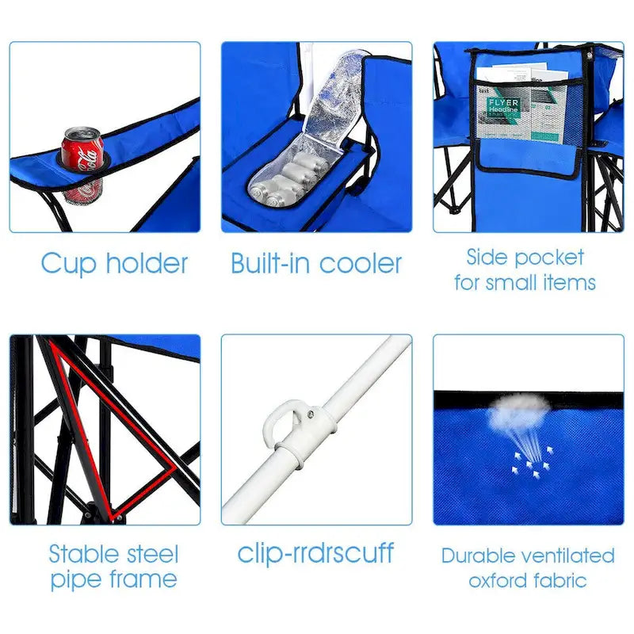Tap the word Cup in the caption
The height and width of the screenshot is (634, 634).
[67, 263]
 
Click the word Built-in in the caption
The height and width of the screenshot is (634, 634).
[269, 263]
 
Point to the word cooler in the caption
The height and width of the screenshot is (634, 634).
[360, 263]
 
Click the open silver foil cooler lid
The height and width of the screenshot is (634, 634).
[333, 103]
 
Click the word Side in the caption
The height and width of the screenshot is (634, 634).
[486, 257]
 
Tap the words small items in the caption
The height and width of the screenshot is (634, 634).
[543, 283]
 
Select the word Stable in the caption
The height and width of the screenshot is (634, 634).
[81, 553]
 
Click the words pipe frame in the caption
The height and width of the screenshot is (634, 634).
[114, 579]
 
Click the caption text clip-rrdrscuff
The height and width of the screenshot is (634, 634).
[315, 553]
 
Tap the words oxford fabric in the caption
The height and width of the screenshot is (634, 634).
[528, 581]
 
